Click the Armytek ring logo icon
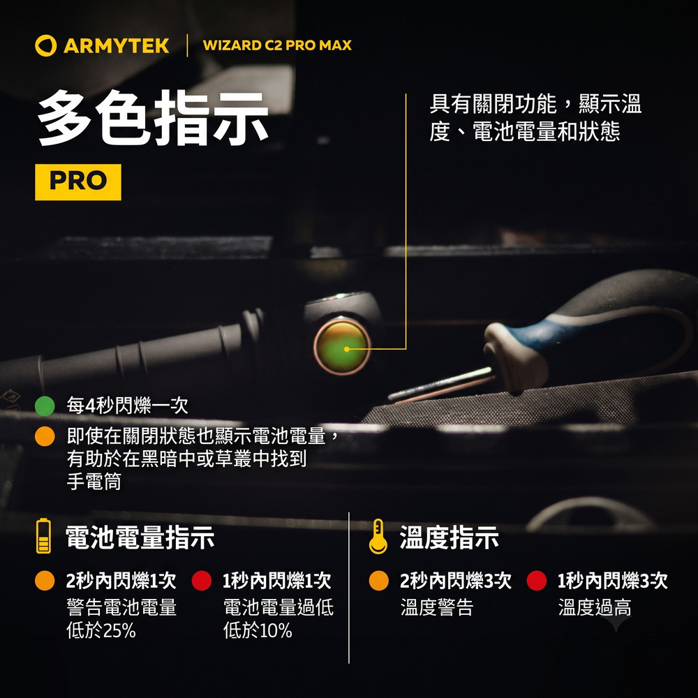point(45,45)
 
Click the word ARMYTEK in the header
point(116,46)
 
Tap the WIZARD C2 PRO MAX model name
point(277,45)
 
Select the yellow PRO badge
point(78,182)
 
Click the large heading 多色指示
point(154,118)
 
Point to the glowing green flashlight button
point(342,347)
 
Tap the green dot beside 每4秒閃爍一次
point(45,406)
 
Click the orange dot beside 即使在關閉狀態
point(45,436)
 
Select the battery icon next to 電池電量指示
point(43,536)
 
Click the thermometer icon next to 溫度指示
point(378,536)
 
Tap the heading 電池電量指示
point(140,537)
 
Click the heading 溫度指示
point(449,537)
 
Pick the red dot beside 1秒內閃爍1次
point(202,581)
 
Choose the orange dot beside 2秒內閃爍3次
point(379,581)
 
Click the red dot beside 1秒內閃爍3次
point(536,581)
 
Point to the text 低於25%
point(101,630)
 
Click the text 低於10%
point(258,630)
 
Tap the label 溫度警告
point(437,607)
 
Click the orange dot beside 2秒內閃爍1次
point(45,581)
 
